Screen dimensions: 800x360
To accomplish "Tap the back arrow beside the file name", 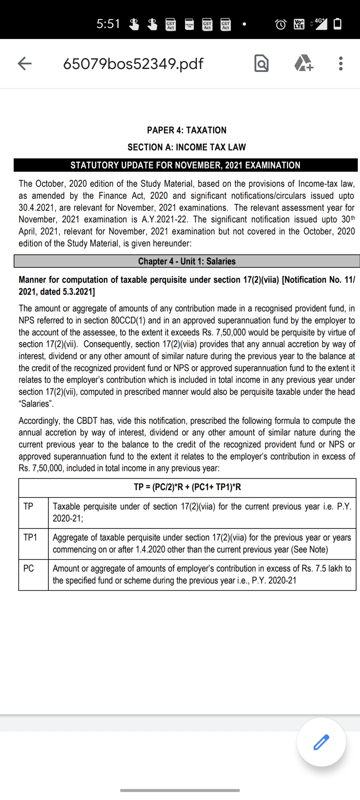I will (x=25, y=63).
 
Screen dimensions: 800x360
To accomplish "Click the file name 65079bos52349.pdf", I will (x=133, y=63).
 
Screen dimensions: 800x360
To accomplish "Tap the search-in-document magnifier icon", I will (x=261, y=64).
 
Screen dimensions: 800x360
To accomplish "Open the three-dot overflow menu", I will (x=340, y=63).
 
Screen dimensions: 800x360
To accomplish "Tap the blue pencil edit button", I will (x=321, y=742).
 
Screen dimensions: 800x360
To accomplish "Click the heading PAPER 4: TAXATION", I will (x=187, y=130).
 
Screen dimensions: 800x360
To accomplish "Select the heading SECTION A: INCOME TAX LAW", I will (x=187, y=147).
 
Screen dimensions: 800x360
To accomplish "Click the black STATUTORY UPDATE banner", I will (x=185, y=165).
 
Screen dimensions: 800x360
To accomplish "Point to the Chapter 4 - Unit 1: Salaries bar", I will (x=187, y=261).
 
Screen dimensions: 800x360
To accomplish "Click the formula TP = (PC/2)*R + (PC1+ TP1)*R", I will (x=187, y=487).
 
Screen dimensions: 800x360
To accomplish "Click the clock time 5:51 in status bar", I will (x=108, y=24).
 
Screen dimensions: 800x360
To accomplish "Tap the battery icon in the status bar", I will (x=337, y=24).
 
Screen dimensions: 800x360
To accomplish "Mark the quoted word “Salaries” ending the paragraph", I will (x=36, y=404).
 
